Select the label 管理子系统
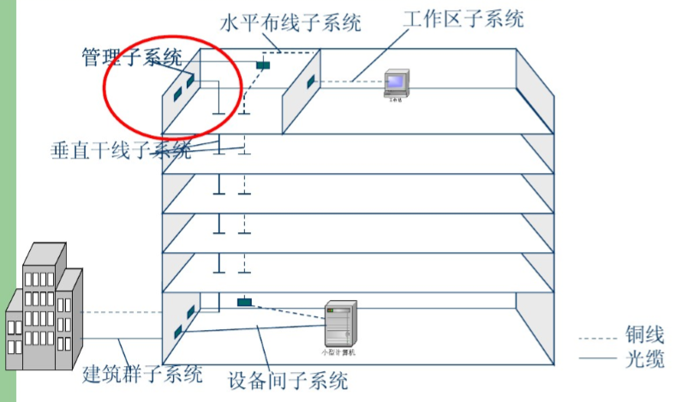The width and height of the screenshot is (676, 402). (x=132, y=57)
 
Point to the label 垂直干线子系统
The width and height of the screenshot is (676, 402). (x=121, y=151)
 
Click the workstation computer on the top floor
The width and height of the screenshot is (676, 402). (x=395, y=82)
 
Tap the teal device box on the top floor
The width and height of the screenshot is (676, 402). (x=263, y=63)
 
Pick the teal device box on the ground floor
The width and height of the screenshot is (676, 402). (x=244, y=302)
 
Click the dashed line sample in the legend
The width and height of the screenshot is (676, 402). (x=598, y=335)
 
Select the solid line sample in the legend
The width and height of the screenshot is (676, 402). (x=598, y=358)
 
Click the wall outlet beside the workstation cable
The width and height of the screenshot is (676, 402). (x=311, y=82)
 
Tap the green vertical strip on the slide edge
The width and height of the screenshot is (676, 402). (x=8, y=201)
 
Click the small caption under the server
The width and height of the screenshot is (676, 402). (x=338, y=352)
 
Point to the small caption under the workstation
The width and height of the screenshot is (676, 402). (x=395, y=100)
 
